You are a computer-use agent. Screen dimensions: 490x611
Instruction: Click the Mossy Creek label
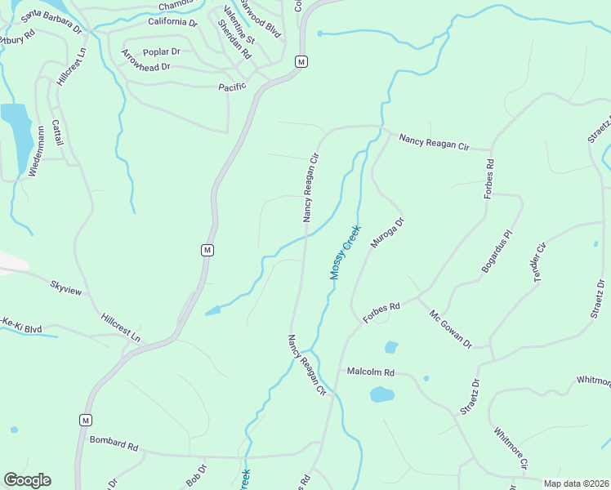[x=346, y=252]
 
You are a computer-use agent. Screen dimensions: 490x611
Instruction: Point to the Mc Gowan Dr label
[x=450, y=329]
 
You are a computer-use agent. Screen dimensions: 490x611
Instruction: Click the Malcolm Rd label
[x=370, y=372]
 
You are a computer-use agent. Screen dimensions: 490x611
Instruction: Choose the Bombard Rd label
[x=114, y=444]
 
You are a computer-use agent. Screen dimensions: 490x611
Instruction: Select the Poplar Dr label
[x=161, y=51]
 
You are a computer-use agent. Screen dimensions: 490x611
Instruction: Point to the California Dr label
[x=173, y=23]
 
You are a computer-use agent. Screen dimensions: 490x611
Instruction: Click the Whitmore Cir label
[x=511, y=445]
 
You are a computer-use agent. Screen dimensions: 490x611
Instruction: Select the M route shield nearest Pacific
[x=301, y=62]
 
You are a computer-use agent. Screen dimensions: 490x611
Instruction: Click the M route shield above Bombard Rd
[x=84, y=420]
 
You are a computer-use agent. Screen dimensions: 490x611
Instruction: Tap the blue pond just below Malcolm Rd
[x=381, y=395]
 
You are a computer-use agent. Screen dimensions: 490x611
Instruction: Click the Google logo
[x=27, y=480]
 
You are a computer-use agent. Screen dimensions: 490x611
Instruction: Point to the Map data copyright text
[x=575, y=483]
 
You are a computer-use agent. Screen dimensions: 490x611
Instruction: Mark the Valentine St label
[x=239, y=28]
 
